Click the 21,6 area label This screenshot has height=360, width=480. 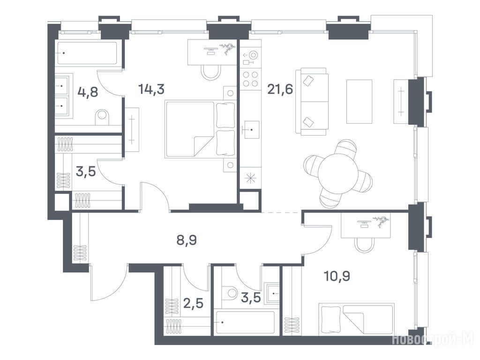[x=280, y=90]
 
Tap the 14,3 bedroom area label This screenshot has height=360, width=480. [x=151, y=89]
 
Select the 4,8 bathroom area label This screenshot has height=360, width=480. [x=88, y=92]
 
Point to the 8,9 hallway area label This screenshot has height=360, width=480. [x=187, y=240]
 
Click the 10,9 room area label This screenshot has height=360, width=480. [x=337, y=276]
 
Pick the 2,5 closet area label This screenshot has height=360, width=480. [x=193, y=304]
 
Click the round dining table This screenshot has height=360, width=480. [x=337, y=173]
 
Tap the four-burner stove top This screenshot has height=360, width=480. [x=250, y=79]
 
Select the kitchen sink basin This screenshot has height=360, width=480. [x=251, y=130]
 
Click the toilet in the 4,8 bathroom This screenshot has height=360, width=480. [x=102, y=117]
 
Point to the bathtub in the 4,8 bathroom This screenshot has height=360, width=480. [x=87, y=53]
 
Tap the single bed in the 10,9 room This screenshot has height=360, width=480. [x=356, y=319]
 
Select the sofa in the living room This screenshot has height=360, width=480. [x=312, y=102]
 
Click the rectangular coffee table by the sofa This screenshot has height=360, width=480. [x=360, y=102]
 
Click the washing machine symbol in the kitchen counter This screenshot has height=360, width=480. [x=251, y=58]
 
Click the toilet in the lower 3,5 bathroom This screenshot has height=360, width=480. [x=230, y=292]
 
